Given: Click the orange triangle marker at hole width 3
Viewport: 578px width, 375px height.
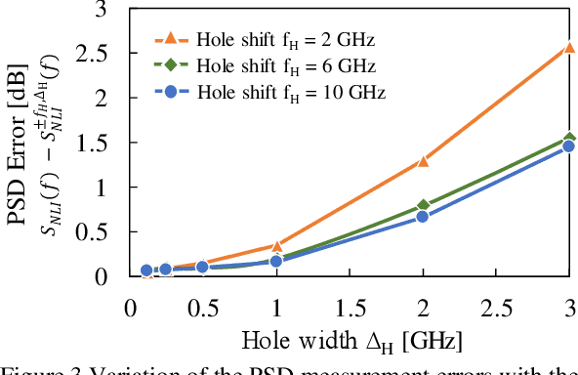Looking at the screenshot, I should tap(569, 46).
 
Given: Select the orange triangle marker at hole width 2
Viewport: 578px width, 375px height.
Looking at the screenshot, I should tap(423, 160).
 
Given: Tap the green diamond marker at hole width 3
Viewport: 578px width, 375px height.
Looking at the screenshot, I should tap(569, 139).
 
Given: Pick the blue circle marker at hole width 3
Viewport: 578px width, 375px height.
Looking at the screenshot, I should tap(569, 146).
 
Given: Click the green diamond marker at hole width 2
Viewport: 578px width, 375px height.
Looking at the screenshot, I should tap(423, 205).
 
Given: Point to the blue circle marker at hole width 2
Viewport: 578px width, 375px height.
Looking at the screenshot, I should tap(423, 217).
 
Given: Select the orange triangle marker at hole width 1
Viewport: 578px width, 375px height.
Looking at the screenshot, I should tap(276, 245).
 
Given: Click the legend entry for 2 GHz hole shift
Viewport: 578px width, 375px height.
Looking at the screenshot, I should tap(272, 40).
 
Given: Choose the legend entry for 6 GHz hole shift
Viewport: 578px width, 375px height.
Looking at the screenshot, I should tap(272, 66).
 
